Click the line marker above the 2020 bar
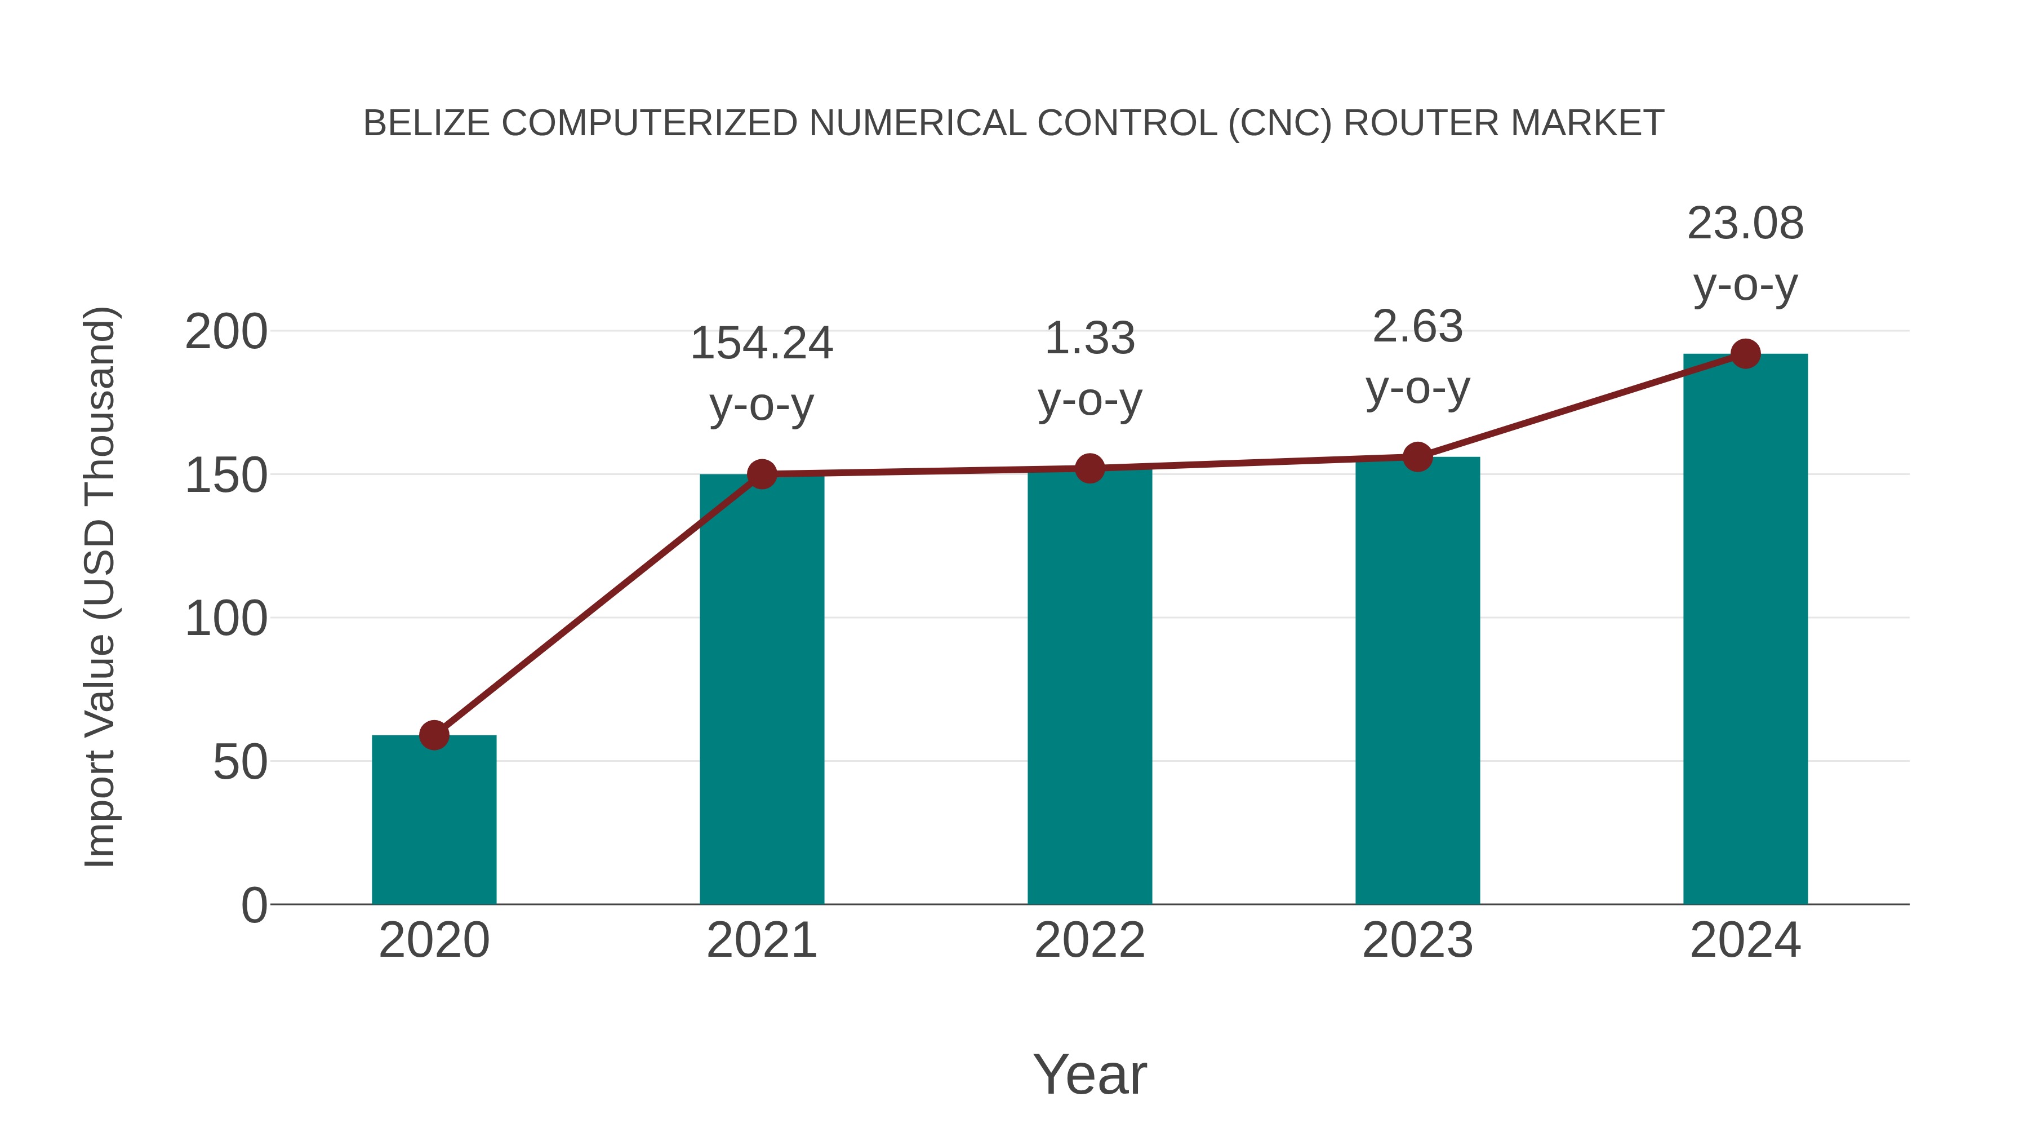tap(434, 735)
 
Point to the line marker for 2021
tap(761, 474)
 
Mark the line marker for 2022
tap(1089, 469)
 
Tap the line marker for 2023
tap(1417, 457)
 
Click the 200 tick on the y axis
tap(226, 332)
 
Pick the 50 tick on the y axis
tap(239, 762)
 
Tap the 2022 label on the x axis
tap(1089, 940)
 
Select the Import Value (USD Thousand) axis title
tap(100, 587)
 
